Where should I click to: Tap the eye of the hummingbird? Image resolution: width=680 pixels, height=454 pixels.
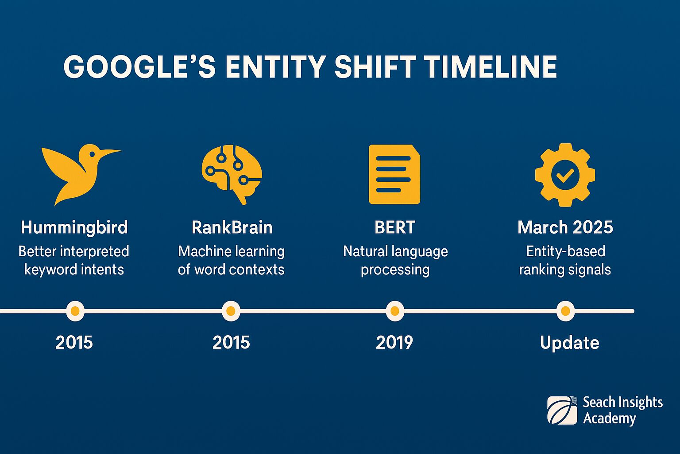click(x=92, y=154)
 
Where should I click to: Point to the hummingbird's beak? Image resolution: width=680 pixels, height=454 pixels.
click(x=111, y=152)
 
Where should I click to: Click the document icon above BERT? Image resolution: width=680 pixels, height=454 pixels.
click(x=394, y=174)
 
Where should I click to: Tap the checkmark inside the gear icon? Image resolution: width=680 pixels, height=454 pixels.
click(x=565, y=175)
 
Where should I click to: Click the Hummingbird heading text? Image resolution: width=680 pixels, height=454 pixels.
click(x=74, y=227)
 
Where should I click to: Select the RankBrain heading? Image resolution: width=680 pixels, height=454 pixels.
click(x=232, y=227)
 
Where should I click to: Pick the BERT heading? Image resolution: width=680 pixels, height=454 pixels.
click(x=394, y=227)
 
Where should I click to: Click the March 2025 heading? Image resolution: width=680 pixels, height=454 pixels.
click(x=565, y=227)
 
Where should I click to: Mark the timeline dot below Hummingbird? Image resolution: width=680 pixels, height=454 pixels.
click(x=75, y=311)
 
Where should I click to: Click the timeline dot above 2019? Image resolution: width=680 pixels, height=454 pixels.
click(x=395, y=311)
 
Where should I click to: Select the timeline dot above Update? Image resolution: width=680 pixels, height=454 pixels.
click(x=565, y=311)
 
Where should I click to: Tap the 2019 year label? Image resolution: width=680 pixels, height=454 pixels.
click(x=394, y=342)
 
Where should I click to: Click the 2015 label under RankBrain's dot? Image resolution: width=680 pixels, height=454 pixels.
click(x=231, y=342)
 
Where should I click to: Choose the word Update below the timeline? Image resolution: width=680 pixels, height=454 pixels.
click(x=569, y=343)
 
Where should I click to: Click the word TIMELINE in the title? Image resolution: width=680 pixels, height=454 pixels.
click(x=490, y=67)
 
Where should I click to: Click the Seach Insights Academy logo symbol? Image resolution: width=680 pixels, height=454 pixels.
click(x=562, y=410)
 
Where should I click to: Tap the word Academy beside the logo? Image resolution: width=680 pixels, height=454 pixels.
click(x=609, y=418)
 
